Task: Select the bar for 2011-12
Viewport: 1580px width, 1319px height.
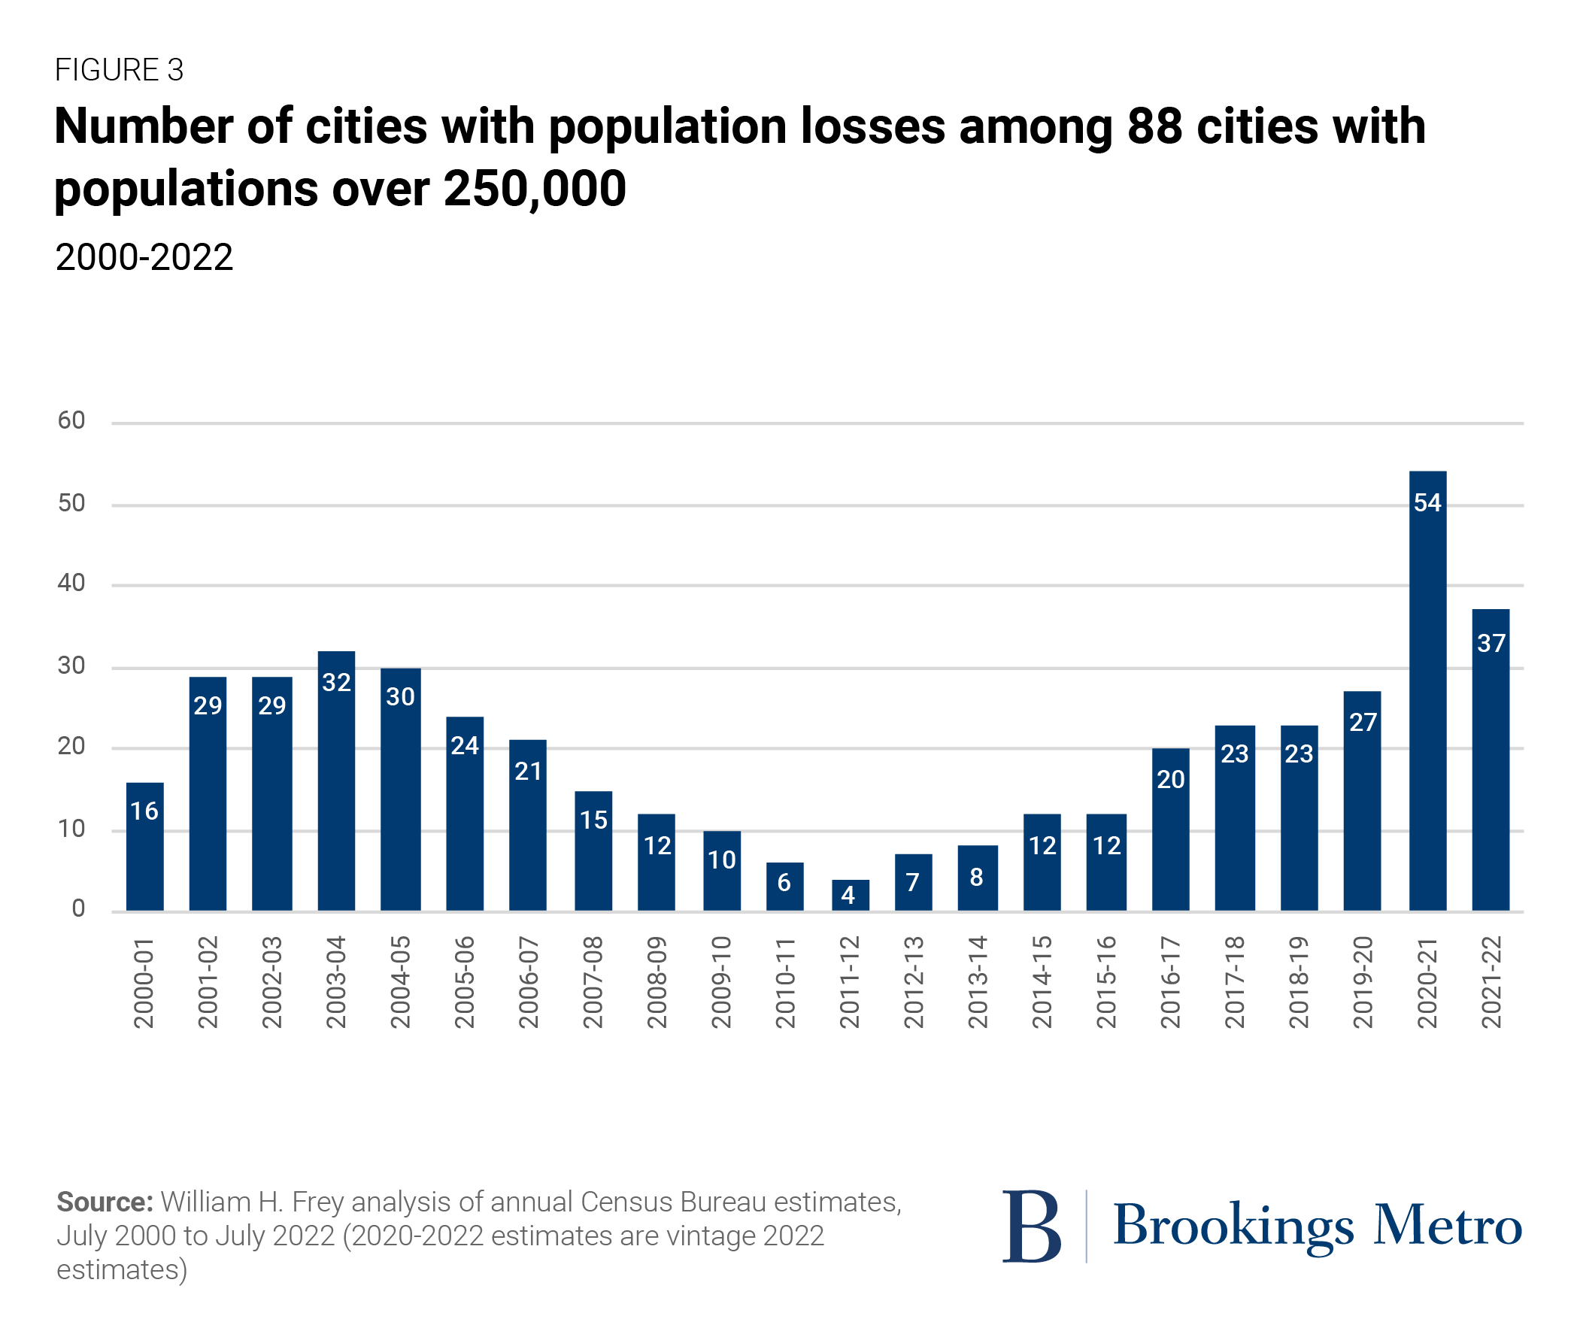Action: [850, 895]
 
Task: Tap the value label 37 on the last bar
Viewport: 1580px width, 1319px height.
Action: [1491, 643]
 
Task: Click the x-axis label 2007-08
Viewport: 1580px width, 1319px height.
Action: [593, 982]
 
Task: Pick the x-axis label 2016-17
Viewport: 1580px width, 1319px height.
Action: [1170, 982]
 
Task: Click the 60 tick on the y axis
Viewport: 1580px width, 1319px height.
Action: [71, 420]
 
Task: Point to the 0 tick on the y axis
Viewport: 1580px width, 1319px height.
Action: [78, 908]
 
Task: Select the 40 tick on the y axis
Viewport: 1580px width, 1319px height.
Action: [71, 582]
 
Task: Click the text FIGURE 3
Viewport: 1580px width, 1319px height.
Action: [119, 70]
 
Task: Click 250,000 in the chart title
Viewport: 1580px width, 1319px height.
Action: [534, 189]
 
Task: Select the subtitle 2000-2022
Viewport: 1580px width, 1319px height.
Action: [144, 258]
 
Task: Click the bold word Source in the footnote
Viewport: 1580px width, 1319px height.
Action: [105, 1202]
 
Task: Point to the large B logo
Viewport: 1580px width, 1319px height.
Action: [1031, 1227]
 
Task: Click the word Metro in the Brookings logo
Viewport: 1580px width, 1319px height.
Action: [1448, 1227]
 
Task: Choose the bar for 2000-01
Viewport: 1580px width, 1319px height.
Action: [144, 847]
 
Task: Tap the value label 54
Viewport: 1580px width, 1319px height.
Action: [1427, 502]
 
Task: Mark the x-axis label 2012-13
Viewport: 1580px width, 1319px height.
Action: [914, 982]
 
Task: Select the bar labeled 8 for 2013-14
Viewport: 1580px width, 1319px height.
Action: [978, 878]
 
